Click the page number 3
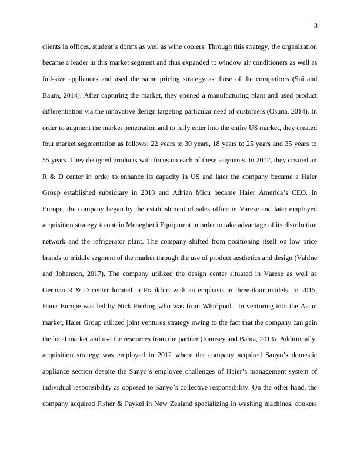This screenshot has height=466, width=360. point(316,25)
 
